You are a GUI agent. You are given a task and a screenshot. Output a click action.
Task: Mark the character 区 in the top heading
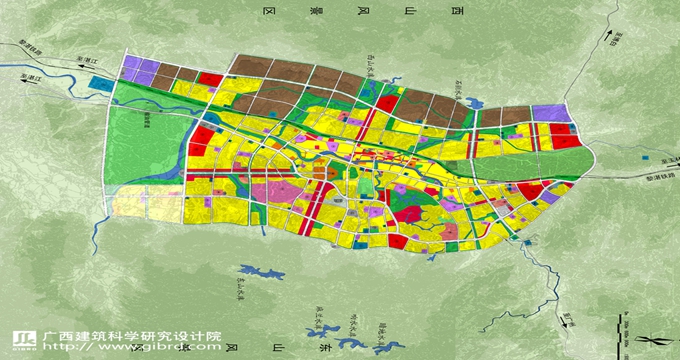point(268,11)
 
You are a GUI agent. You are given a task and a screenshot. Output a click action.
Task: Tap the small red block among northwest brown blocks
point(210,79)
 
